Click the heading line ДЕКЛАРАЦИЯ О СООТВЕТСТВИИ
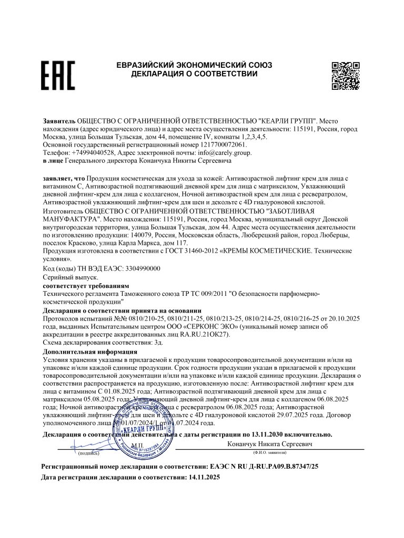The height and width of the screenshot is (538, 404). point(195,74)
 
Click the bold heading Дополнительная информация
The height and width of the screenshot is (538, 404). point(90,351)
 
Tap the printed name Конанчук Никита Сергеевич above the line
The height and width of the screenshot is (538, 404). point(269,444)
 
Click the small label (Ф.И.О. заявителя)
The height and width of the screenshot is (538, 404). point(269,452)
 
